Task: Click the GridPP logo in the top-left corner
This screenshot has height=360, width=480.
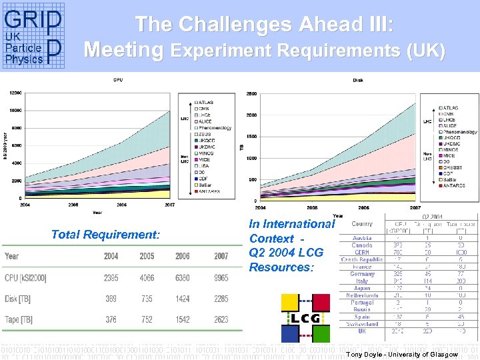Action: pyautogui.click(x=33, y=37)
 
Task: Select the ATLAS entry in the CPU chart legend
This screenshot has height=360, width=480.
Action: pyautogui.click(x=205, y=103)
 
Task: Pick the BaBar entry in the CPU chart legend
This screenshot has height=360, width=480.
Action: pyautogui.click(x=205, y=185)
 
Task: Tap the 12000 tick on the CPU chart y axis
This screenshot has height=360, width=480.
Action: pyautogui.click(x=14, y=93)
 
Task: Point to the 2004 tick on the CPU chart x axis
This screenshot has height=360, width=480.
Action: pyautogui.click(x=25, y=205)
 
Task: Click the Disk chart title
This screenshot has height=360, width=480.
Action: pyautogui.click(x=358, y=81)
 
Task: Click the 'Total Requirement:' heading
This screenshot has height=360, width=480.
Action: pyautogui.click(x=105, y=235)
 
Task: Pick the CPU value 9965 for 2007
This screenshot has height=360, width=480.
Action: pyautogui.click(x=221, y=278)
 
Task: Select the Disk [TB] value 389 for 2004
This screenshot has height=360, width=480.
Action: pyautogui.click(x=111, y=299)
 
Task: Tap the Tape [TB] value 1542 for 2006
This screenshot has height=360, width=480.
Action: pyautogui.click(x=183, y=320)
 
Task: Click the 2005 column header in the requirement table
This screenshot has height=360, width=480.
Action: pyautogui.click(x=147, y=257)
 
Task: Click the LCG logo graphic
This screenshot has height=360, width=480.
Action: pyautogui.click(x=305, y=319)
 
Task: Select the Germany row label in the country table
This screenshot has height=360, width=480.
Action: pyautogui.click(x=362, y=274)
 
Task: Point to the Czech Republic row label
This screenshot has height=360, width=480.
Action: pyautogui.click(x=362, y=259)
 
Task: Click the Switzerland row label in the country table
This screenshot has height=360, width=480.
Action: pyautogui.click(x=362, y=324)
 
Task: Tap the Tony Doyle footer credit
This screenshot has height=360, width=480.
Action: pyautogui.click(x=402, y=354)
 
